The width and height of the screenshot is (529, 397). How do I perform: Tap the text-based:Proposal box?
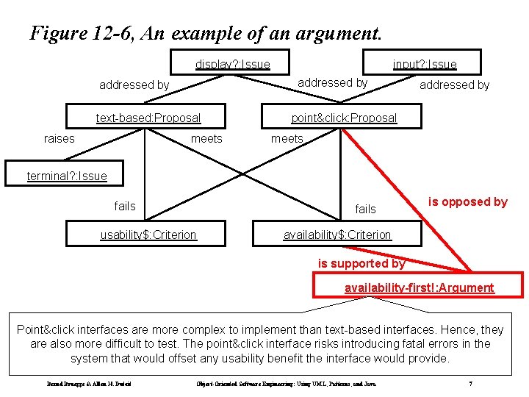coord(148,118)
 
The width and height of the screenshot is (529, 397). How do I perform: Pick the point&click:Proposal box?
coord(343,118)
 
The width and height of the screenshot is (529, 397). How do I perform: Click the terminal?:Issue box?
coord(67,176)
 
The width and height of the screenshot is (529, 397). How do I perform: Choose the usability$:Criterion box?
coord(148,235)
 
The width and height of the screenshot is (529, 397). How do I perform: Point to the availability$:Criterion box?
coord(337,235)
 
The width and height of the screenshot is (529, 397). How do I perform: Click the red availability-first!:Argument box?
coord(419,287)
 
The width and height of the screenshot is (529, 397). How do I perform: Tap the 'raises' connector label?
coord(60,138)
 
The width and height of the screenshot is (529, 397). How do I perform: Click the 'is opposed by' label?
coord(468,202)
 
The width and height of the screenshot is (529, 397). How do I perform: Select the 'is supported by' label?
coord(361,263)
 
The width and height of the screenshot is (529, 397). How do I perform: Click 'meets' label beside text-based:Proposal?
coord(206,138)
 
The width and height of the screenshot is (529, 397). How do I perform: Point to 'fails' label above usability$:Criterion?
coord(125,206)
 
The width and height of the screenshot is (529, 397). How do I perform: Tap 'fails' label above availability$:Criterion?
coord(365,209)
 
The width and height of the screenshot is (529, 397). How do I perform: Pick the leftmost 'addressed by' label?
coord(134,85)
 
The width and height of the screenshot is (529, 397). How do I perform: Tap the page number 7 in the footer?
coord(470,384)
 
